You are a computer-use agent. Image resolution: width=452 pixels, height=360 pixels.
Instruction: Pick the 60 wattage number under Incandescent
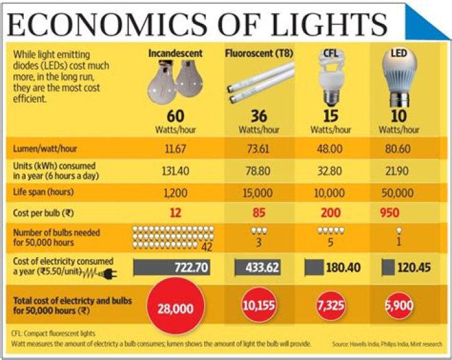pos(176,117)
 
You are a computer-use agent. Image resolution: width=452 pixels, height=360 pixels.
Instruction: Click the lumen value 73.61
pos(259,150)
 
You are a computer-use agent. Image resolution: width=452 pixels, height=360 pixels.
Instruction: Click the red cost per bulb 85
pos(259,213)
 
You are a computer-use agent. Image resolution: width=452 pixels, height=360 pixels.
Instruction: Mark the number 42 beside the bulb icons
pos(207,246)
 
